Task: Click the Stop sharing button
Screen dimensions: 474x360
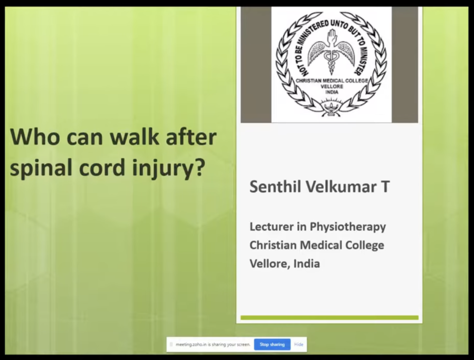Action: point(272,344)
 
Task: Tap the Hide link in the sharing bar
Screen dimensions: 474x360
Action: point(299,344)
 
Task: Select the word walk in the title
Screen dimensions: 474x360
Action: point(134,136)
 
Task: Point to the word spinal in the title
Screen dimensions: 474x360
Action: point(41,168)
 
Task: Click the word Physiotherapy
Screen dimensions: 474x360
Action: point(348,227)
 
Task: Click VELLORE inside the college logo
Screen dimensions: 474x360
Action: point(331,87)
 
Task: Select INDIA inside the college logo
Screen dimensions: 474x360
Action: point(331,92)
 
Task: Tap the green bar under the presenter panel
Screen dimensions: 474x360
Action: point(330,318)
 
